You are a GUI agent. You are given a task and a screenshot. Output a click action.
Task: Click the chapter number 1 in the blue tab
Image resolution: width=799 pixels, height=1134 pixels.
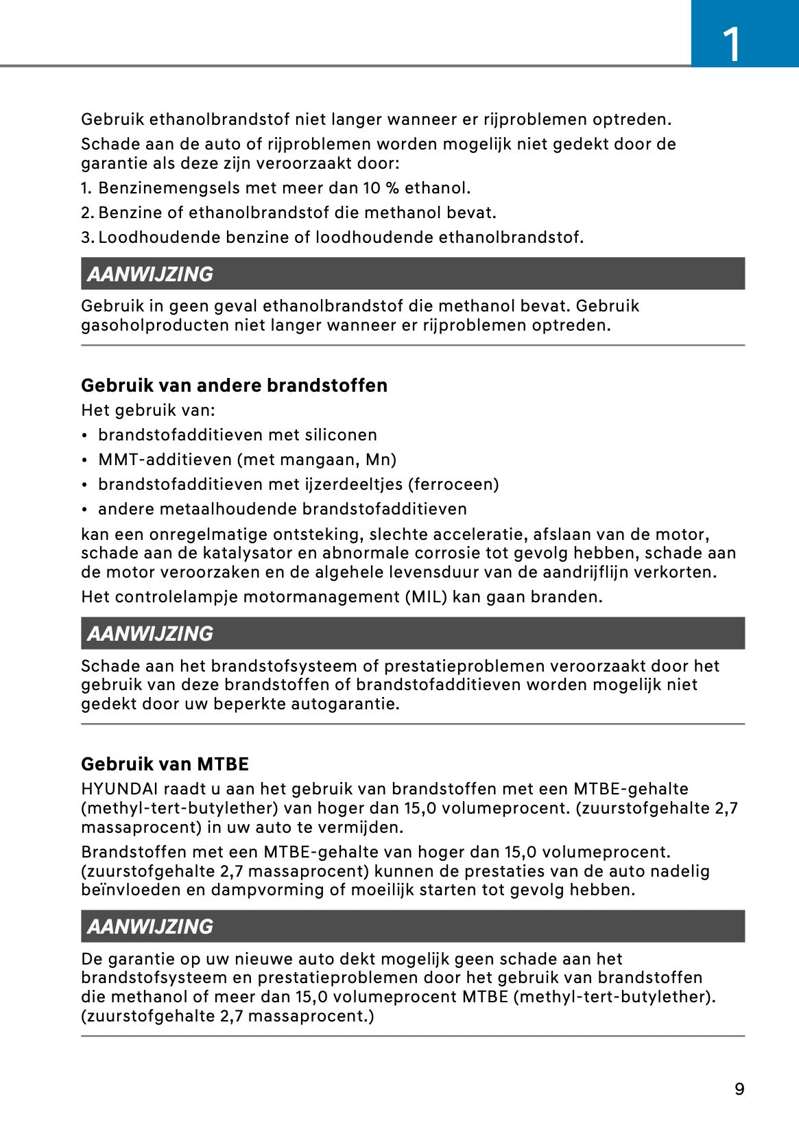(732, 44)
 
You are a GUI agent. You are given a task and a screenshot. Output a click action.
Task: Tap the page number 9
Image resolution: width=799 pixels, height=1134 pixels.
(739, 1089)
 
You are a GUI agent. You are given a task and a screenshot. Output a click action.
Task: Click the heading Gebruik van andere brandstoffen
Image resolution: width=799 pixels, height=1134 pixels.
(234, 386)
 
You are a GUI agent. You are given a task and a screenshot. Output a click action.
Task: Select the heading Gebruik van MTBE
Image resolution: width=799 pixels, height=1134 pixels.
(165, 764)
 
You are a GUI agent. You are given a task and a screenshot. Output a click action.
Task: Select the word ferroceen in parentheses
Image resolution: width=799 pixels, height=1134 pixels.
(453, 484)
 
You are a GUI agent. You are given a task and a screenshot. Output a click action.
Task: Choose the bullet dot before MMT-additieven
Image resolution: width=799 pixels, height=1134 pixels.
(84, 460)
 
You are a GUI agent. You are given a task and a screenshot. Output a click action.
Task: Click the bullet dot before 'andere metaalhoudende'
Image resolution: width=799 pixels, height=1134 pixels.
(84, 510)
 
